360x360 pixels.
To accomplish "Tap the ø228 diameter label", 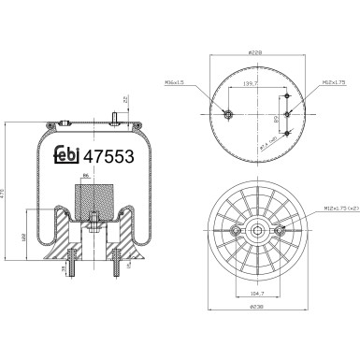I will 257,53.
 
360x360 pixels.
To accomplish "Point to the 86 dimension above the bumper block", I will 86,176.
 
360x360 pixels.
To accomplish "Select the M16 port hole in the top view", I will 228,115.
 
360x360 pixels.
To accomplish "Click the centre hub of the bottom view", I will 257,233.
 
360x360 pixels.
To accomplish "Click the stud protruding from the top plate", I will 113,119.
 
